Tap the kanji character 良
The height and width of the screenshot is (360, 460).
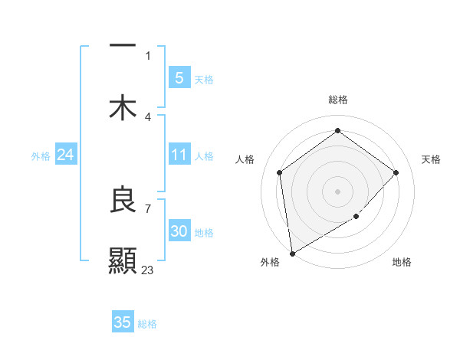coord(123,200)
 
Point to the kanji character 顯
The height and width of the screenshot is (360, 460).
coord(123,260)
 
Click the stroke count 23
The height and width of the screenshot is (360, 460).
coord(148,270)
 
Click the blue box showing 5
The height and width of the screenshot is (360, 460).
coord(179,78)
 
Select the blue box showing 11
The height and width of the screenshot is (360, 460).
coord(179,155)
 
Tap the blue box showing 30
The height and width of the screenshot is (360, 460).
coord(179,231)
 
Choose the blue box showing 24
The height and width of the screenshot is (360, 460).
coord(65,155)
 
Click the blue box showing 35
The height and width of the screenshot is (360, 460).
coord(123,322)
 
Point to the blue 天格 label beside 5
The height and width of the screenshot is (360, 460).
coord(204,80)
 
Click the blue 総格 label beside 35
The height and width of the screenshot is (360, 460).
coord(148,324)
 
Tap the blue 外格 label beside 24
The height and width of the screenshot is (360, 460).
coord(41,156)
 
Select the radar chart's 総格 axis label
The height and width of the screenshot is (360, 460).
coord(337,100)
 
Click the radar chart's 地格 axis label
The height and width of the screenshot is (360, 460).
coord(402,262)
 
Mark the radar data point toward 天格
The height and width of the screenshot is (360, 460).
coord(396,172)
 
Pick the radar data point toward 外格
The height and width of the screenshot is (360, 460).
coord(292,253)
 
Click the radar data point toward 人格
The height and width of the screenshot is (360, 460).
coord(280,172)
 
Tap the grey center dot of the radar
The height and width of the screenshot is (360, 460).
coord(337,191)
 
